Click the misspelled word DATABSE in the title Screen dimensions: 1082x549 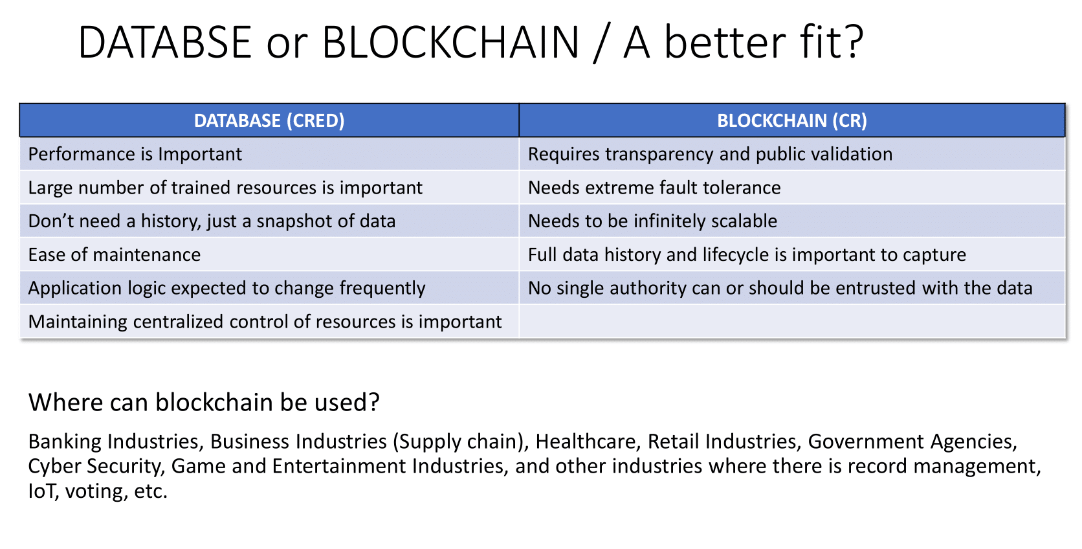(x=165, y=43)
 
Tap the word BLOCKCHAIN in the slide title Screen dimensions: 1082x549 (x=450, y=43)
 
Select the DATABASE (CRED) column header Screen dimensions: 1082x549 (x=269, y=120)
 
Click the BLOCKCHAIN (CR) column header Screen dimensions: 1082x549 (x=791, y=120)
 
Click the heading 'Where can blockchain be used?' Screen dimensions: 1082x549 (x=204, y=402)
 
